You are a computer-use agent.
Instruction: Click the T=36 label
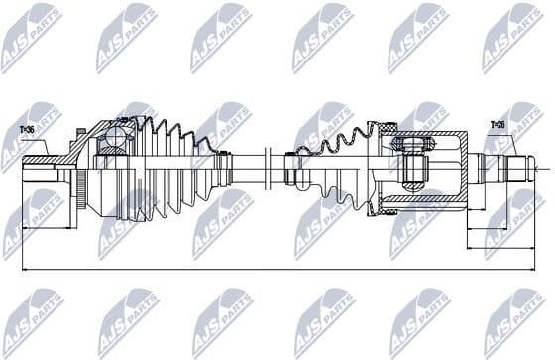(27, 128)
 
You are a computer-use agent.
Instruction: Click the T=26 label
(498, 125)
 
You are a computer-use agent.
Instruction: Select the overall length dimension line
(277, 268)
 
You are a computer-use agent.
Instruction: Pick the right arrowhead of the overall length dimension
(532, 268)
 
